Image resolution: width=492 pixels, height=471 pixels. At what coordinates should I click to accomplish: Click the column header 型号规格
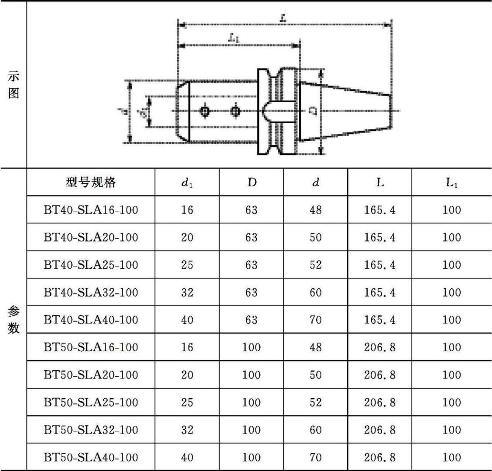pyautogui.click(x=91, y=183)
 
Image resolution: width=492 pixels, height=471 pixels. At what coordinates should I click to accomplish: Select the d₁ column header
pyautogui.click(x=187, y=183)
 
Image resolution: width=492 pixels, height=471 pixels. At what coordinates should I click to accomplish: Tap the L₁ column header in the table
pyautogui.click(x=451, y=183)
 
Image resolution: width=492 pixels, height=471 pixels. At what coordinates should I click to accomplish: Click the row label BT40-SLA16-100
pyautogui.click(x=91, y=210)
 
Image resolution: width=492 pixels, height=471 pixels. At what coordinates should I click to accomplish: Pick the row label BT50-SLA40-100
pyautogui.click(x=91, y=457)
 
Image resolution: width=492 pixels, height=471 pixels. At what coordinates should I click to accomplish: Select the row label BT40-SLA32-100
pyautogui.click(x=91, y=292)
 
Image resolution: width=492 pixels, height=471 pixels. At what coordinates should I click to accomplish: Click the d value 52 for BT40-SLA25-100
pyautogui.click(x=316, y=265)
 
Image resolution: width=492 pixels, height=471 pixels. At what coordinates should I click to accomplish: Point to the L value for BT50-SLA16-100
pyautogui.click(x=380, y=348)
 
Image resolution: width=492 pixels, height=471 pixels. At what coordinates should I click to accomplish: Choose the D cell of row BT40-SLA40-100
pyautogui.click(x=251, y=320)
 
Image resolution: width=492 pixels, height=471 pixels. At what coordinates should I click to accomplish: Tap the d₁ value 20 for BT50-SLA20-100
pyautogui.click(x=187, y=375)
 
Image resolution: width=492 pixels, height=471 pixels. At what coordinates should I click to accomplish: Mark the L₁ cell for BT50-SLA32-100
pyautogui.click(x=451, y=430)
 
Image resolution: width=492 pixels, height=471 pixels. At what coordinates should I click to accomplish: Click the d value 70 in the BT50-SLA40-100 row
pyautogui.click(x=316, y=457)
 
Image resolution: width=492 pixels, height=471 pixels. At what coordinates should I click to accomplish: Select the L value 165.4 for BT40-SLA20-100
pyautogui.click(x=380, y=237)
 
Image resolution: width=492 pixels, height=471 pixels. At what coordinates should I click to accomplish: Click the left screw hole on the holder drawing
pyautogui.click(x=205, y=111)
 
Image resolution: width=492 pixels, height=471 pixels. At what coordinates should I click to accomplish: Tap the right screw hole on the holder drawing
pyautogui.click(x=235, y=111)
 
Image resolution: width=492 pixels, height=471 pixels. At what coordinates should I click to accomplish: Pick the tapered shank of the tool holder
pyautogui.click(x=346, y=111)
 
